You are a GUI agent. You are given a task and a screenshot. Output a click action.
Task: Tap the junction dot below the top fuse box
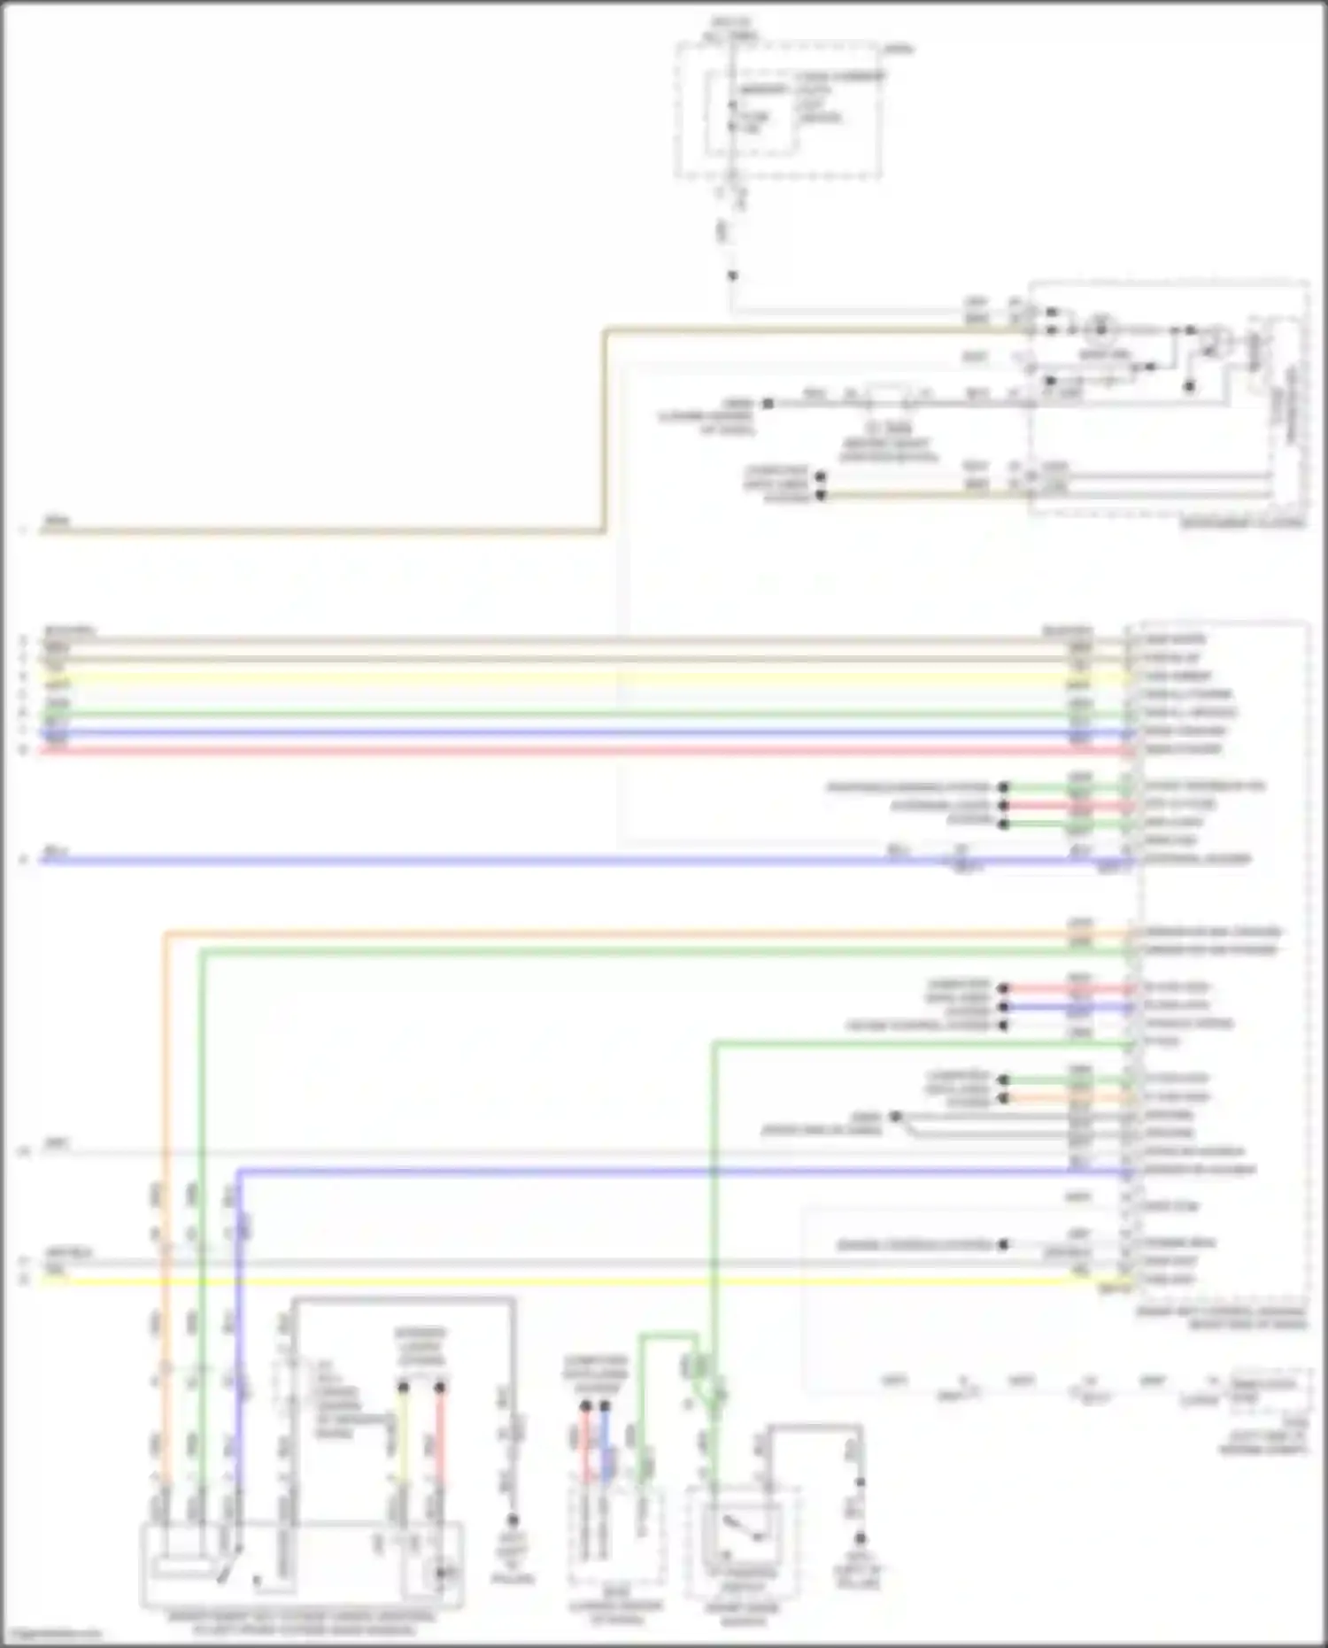click(x=732, y=276)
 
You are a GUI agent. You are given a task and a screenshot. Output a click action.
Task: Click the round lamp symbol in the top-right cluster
click(x=1102, y=329)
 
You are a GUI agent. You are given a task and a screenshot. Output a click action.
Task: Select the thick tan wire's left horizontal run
click(x=319, y=531)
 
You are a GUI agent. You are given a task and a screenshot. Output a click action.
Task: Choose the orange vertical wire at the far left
click(x=165, y=1107)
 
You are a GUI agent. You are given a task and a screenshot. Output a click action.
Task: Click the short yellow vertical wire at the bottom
click(x=402, y=1435)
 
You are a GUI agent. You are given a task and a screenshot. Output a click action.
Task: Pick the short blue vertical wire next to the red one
click(x=605, y=1443)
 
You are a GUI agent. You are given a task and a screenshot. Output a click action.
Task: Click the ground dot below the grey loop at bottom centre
click(x=512, y=1520)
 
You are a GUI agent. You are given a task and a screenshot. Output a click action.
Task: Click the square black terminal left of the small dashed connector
click(x=768, y=404)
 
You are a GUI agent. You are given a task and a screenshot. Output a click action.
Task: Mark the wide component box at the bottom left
click(x=301, y=1566)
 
